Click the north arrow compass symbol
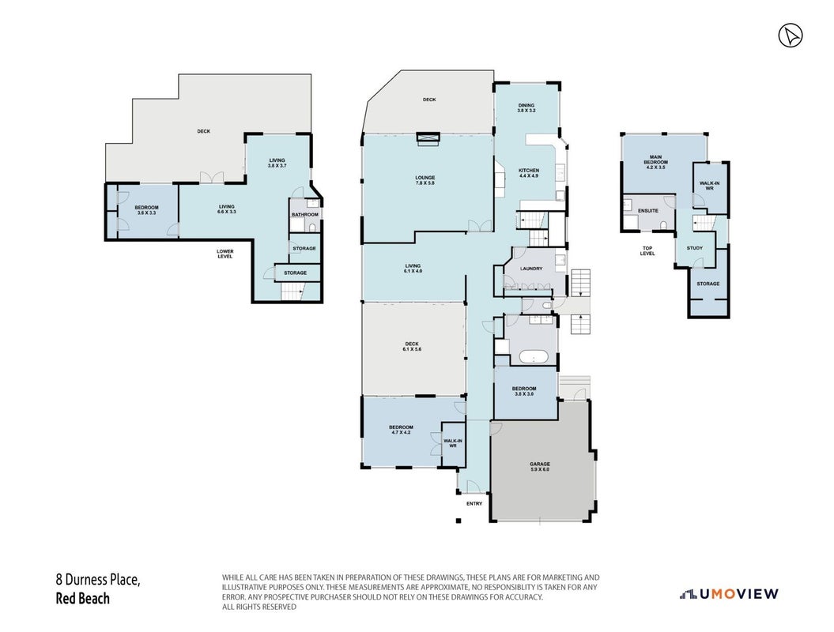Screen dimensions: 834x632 click(x=791, y=36)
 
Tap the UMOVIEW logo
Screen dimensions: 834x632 click(x=729, y=594)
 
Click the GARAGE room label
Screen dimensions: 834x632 click(x=539, y=467)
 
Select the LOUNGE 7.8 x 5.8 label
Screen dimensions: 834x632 click(x=425, y=180)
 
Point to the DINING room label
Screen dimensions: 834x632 click(x=526, y=108)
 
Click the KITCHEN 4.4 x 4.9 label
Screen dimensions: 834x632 click(x=529, y=173)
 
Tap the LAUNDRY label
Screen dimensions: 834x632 click(x=531, y=269)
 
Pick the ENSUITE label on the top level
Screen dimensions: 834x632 click(x=648, y=210)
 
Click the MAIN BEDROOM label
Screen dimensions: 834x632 click(x=655, y=162)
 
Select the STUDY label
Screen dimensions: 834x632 click(x=695, y=248)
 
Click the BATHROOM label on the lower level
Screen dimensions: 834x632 click(x=305, y=215)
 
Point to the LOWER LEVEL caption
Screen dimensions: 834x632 click(x=225, y=254)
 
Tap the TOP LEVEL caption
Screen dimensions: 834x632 click(x=647, y=251)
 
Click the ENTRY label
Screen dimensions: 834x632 click(x=474, y=503)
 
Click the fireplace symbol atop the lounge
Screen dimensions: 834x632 click(x=428, y=138)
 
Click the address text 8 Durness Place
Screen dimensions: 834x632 click(x=98, y=580)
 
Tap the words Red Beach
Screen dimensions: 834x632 click(x=82, y=599)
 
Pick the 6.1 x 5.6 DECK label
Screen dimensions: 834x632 click(x=412, y=347)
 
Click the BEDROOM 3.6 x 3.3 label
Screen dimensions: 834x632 click(x=146, y=210)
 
